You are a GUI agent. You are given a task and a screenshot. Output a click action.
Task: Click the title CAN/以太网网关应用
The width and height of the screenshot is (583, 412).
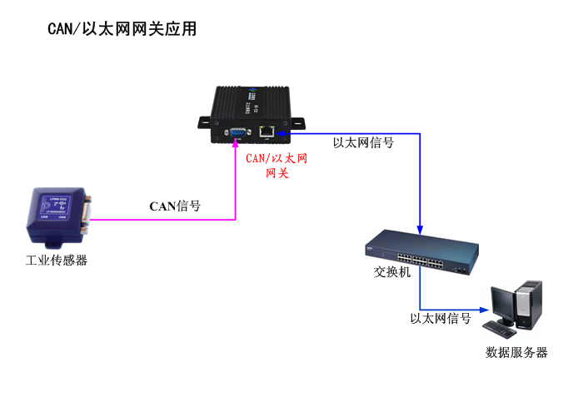pyautogui.click(x=122, y=30)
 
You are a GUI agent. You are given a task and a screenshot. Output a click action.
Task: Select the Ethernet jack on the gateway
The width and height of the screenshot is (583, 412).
pyautogui.click(x=267, y=131)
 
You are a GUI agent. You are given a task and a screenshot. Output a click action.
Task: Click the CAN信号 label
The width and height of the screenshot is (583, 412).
pyautogui.click(x=174, y=206)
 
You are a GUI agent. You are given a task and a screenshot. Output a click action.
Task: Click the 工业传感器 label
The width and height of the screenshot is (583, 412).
pyautogui.click(x=56, y=261)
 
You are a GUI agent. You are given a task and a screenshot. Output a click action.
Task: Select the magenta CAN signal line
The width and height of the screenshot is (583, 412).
pyautogui.click(x=167, y=221)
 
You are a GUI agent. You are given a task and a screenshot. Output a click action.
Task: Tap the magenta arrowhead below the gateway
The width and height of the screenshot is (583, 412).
pyautogui.click(x=236, y=147)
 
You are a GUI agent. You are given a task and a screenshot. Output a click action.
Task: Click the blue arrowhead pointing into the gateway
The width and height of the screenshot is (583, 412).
pyautogui.click(x=282, y=132)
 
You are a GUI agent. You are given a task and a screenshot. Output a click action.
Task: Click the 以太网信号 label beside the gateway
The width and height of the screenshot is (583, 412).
pyautogui.click(x=363, y=142)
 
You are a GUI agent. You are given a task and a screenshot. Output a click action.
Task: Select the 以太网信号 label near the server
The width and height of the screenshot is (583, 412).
pyautogui.click(x=441, y=318)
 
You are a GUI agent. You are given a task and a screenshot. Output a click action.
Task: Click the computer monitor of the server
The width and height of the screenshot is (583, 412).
pyautogui.click(x=504, y=305)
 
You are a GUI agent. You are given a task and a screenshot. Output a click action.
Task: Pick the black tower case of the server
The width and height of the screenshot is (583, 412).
pyautogui.click(x=528, y=304)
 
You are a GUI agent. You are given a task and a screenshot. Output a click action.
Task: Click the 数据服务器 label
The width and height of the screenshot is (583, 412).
pyautogui.click(x=516, y=352)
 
